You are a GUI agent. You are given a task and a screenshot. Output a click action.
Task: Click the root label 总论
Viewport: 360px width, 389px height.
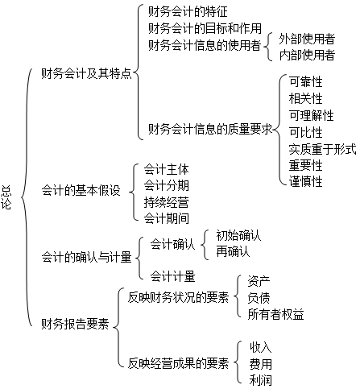pos(6,197)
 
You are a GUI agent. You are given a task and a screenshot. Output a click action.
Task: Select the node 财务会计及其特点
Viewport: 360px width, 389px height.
pos(86,73)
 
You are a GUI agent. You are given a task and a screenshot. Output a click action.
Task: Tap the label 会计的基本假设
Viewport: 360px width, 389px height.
pos(81,190)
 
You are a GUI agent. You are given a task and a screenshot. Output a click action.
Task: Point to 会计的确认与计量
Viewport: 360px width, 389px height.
pos(86,257)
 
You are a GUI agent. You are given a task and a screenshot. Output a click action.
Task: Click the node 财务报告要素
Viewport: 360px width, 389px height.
pos(75,324)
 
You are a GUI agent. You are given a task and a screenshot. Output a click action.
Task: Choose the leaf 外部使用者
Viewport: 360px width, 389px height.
pos(307,39)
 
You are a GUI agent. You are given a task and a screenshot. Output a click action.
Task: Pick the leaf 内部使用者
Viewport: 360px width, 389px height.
pos(307,55)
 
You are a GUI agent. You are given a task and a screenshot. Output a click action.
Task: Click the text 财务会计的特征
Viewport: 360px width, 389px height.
pos(188,11)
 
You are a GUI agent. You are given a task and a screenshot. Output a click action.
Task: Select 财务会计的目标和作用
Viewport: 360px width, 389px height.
pos(205,28)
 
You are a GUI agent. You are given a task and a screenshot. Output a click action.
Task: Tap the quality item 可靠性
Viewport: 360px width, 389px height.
pos(305,81)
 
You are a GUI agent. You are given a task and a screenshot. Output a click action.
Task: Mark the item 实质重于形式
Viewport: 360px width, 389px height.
pos(322,149)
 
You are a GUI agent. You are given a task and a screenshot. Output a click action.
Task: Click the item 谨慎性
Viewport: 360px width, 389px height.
pos(305,181)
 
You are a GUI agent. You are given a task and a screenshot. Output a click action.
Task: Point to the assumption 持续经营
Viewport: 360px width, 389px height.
pos(166,202)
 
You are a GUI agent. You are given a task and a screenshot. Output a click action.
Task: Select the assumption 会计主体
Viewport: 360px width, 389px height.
pos(166,169)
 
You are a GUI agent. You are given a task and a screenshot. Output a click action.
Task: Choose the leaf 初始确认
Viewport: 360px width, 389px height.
pos(238,235)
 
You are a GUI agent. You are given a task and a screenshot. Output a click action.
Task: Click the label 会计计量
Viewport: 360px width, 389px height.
pos(172,276)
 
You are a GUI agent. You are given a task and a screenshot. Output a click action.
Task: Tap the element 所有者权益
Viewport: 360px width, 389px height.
pos(275,314)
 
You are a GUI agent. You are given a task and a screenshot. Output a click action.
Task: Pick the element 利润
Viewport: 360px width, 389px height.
pos(260,380)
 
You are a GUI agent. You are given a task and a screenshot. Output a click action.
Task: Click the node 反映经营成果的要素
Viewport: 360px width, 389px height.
pos(178,363)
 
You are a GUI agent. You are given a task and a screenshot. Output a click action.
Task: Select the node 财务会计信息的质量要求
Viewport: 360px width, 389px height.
pos(210,129)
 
